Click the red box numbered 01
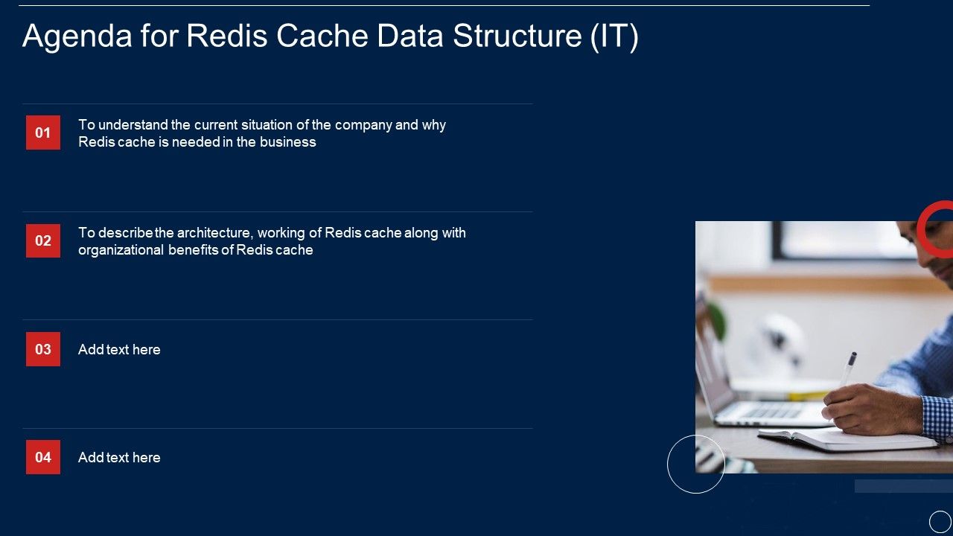pos(43,133)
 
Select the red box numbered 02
pos(43,240)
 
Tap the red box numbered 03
pos(43,349)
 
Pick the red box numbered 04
pos(43,457)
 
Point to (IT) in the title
pos(614,36)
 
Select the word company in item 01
pos(363,125)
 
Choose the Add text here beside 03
pos(119,350)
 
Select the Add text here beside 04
pos(119,458)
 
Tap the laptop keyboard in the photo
pos(774,411)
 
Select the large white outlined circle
pos(696,464)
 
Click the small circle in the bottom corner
pos(940,522)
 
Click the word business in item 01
pos(287,142)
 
